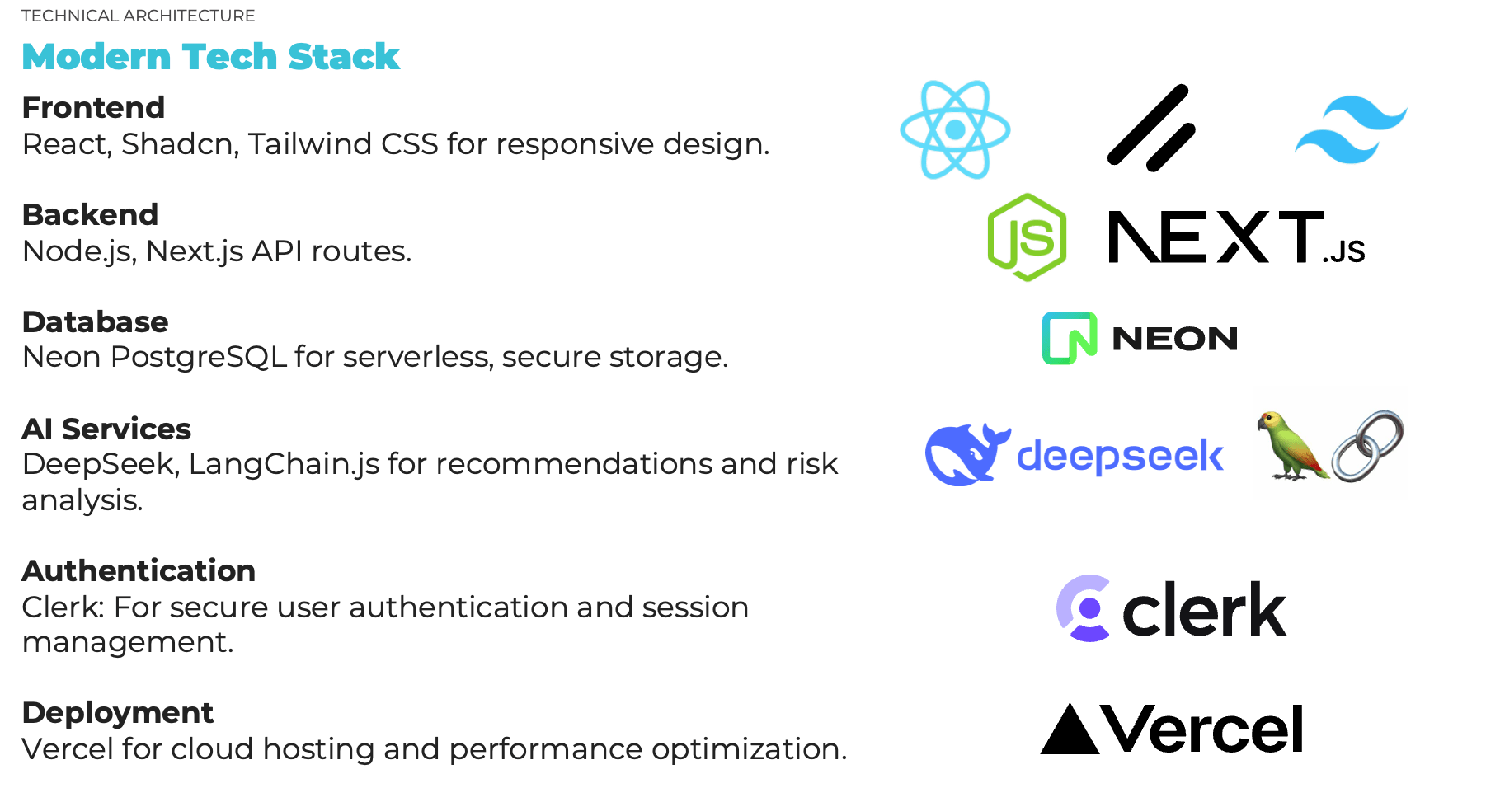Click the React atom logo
(x=955, y=129)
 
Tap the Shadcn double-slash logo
(x=1150, y=129)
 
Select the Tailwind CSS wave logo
(x=1351, y=129)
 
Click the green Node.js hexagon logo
(x=1027, y=237)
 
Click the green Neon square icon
(x=1070, y=338)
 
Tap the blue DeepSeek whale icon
(x=966, y=454)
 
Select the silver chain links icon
(x=1367, y=445)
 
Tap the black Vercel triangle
(x=1070, y=729)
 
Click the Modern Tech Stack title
(x=210, y=56)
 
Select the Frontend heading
(x=93, y=107)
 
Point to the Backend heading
(x=90, y=214)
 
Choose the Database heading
(x=95, y=321)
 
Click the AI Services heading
(x=106, y=429)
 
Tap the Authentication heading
(x=139, y=570)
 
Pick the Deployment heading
(x=118, y=712)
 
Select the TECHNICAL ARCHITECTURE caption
(x=138, y=16)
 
